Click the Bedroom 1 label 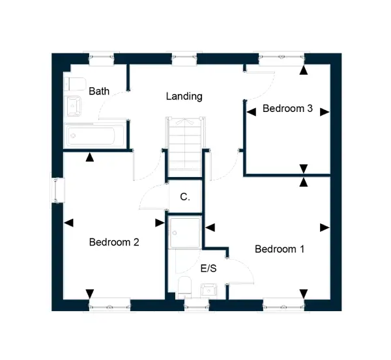click(x=280, y=249)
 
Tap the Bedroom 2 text click(x=114, y=242)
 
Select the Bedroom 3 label click(x=287, y=108)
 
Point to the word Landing click(x=184, y=96)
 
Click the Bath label click(x=99, y=91)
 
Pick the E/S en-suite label click(x=209, y=268)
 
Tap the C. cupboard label click(x=185, y=197)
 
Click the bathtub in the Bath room click(x=94, y=135)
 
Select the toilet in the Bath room click(x=75, y=84)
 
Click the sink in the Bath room click(x=74, y=106)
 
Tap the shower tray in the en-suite click(x=185, y=232)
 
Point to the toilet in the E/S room click(x=185, y=286)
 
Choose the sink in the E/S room click(x=209, y=290)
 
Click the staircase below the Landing click(x=185, y=147)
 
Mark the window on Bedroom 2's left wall click(x=58, y=190)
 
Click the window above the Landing click(x=184, y=59)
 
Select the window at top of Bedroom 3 click(x=282, y=59)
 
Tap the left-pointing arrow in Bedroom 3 click(x=251, y=112)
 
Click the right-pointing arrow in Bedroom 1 click(x=325, y=227)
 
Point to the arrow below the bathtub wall click(x=90, y=157)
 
